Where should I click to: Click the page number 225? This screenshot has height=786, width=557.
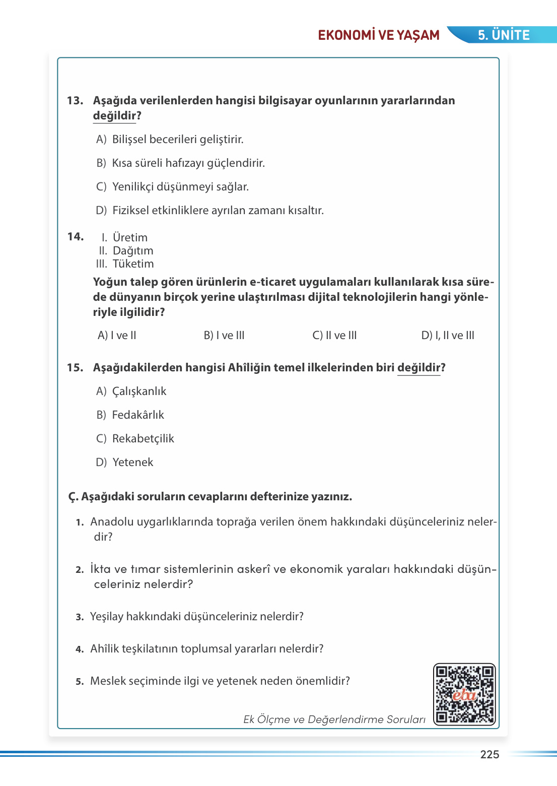490,754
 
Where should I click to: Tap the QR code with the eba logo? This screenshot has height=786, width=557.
464,694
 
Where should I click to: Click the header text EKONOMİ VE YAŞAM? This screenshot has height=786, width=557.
379,35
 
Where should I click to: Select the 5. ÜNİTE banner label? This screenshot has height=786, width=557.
504,35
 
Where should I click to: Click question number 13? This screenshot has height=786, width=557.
75,101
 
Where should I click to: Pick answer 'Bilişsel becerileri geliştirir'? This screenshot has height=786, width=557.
177,140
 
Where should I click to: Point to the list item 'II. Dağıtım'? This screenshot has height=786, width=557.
126,251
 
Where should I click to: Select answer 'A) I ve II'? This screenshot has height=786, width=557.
117,336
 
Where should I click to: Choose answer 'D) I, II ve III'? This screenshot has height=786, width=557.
448,336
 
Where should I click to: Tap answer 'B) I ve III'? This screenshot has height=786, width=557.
224,336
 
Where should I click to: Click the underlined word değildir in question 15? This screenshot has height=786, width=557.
419,368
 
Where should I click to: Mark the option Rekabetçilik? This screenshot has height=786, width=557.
143,439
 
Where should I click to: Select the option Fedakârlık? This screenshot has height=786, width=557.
138,415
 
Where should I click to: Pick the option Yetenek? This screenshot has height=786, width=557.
132,463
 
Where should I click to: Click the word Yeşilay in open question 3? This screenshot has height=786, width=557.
107,617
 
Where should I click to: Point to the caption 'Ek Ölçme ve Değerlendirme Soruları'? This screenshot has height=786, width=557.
334,719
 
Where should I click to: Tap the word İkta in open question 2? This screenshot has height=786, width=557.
100,569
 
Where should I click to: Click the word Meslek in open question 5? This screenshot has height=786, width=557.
107,681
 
